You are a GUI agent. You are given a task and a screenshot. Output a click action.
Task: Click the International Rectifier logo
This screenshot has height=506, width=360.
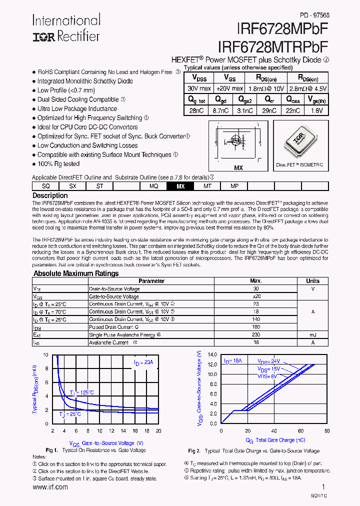[66, 28]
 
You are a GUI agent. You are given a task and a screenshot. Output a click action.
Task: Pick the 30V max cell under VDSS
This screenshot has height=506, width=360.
[199, 88]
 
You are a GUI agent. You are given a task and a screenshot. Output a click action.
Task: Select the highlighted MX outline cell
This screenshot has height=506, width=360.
[180, 186]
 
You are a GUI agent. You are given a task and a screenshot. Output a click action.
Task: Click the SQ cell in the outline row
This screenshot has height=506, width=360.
[45, 186]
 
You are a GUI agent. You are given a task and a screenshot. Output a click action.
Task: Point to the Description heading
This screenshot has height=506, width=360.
[50, 195]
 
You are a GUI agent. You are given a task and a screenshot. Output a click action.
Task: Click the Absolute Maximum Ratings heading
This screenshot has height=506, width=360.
[76, 273]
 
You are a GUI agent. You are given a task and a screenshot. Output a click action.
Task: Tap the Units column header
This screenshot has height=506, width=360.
[313, 281]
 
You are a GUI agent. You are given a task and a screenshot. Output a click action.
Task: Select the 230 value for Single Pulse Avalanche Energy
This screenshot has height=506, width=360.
[256, 334]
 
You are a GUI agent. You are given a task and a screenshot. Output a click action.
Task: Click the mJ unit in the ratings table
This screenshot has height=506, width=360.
[313, 334]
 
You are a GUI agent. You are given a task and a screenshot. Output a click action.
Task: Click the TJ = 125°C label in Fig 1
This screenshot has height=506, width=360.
[81, 392]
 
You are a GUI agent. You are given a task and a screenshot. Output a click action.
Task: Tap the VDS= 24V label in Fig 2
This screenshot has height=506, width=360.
[269, 361]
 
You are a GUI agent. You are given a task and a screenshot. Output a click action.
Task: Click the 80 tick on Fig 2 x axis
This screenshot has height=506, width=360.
[327, 430]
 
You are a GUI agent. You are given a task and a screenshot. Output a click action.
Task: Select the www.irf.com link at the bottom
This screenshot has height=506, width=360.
[50, 487]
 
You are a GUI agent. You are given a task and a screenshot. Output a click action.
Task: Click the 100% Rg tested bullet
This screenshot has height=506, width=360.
[58, 164]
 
